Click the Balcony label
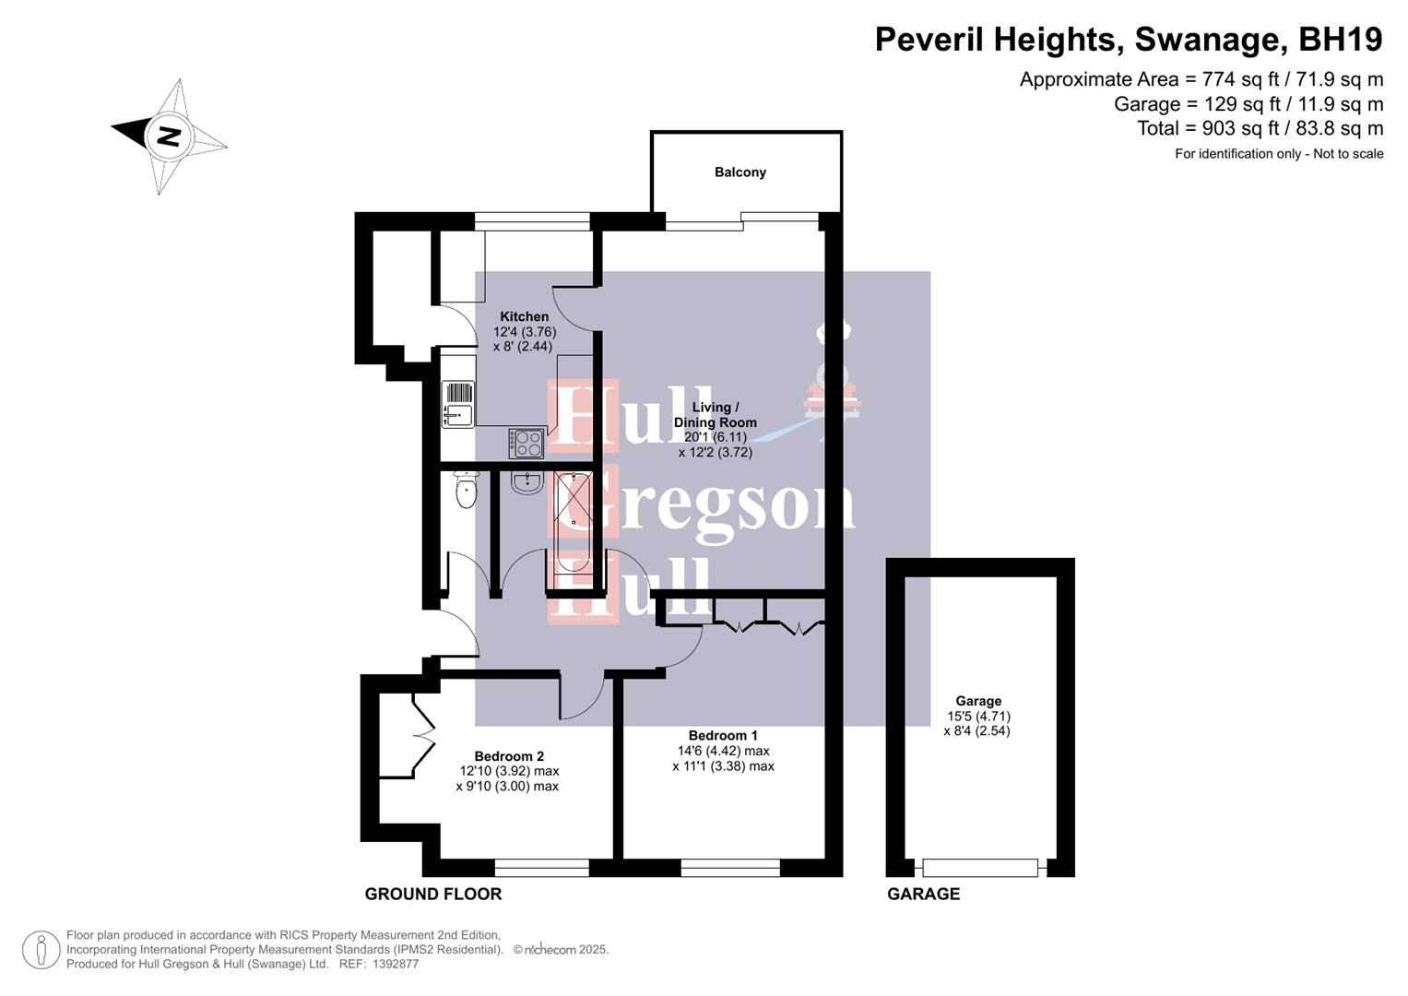[x=739, y=172]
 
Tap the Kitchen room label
[x=524, y=316]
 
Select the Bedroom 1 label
[x=723, y=735]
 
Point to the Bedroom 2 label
[x=509, y=756]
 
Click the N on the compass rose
[x=168, y=136]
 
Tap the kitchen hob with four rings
[x=527, y=444]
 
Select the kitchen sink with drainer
[x=457, y=405]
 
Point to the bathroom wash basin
[x=527, y=482]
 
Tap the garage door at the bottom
[x=979, y=868]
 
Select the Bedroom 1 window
[x=730, y=868]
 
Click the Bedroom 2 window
[x=541, y=868]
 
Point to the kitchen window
[x=532, y=220]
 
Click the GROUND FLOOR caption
[x=432, y=894]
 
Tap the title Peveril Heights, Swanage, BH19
[x=1128, y=40]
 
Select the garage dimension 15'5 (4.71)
[x=978, y=716]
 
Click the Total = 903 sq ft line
[x=1260, y=128]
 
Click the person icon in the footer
[x=41, y=950]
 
